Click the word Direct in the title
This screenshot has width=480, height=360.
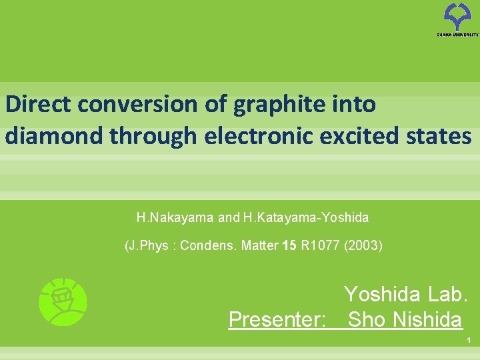tap(39, 104)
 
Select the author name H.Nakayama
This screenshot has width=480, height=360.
tap(175, 217)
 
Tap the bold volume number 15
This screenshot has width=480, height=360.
tap(289, 245)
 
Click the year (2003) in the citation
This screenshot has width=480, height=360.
tap(363, 245)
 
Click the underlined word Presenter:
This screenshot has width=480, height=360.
tap(277, 320)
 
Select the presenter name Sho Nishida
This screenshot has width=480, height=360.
tap(405, 320)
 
